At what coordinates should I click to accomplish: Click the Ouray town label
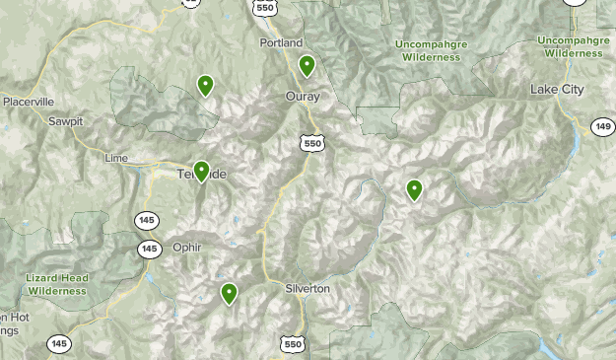303,96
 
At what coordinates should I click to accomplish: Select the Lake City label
557,90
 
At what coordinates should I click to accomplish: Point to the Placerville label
28,102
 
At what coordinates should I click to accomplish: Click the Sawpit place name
66,121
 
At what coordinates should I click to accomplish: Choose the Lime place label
116,158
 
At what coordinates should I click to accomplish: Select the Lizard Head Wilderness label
56,285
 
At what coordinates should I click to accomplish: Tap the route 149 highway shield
603,125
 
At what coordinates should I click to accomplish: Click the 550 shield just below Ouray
313,144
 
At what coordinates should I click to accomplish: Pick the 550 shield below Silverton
291,343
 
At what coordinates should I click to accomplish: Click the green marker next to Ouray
308,66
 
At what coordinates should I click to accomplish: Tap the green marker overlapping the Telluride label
202,171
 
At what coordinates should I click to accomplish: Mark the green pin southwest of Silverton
230,292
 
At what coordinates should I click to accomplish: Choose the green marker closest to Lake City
415,189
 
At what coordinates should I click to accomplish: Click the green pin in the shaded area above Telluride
205,85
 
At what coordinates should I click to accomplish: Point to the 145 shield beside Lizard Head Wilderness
149,249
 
